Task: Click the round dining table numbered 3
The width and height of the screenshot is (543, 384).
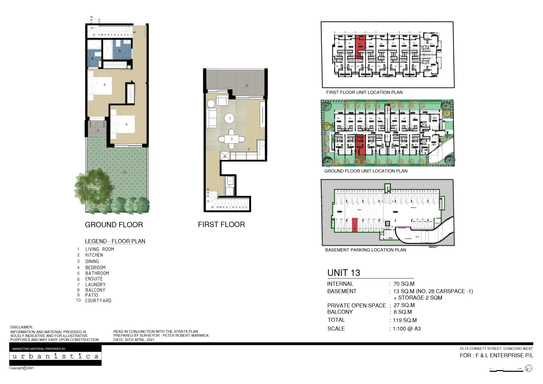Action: pos(231,139)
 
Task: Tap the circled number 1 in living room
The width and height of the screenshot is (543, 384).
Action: pos(230,118)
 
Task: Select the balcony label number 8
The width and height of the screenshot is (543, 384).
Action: pos(247,85)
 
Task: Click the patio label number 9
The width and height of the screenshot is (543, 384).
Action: pos(98,130)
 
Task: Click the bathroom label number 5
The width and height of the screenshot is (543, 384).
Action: pos(119,51)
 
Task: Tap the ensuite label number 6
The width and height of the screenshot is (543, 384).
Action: pos(92,59)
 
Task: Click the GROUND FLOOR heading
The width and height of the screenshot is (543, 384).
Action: pos(114,225)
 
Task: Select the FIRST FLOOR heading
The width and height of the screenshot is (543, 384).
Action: pos(221,224)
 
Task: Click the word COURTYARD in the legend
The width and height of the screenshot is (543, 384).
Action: pos(98,300)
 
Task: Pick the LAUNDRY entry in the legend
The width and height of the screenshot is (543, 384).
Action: pos(95,284)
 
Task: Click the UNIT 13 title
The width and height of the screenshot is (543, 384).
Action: pos(343,273)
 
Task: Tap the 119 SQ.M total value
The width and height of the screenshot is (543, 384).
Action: pos(405,320)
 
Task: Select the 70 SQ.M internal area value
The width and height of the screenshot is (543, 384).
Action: pos(404,284)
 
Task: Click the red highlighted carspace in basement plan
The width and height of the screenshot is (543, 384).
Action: pos(354,225)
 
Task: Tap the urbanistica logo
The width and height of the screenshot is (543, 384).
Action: pos(55,356)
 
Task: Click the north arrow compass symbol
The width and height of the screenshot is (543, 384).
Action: pos(528,368)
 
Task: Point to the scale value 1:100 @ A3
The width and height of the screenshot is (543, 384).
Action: pos(407,329)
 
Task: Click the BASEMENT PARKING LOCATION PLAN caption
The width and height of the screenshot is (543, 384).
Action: pos(365,250)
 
